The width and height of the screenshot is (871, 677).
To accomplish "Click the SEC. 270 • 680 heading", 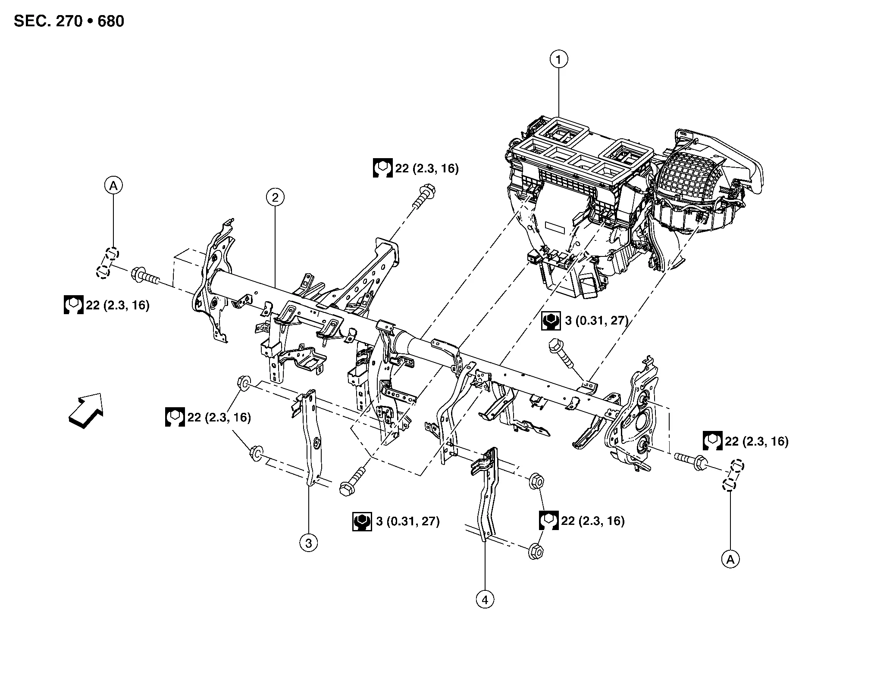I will (69, 21).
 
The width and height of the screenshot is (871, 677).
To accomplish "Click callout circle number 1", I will (559, 59).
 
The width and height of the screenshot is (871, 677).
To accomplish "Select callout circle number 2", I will (275, 197).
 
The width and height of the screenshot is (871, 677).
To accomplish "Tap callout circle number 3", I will (308, 543).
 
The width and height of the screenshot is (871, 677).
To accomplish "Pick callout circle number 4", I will (485, 599).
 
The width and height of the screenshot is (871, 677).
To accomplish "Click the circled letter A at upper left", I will (113, 185).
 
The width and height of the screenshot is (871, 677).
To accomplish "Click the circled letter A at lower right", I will (730, 559).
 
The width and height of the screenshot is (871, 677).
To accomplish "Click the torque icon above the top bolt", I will (382, 168).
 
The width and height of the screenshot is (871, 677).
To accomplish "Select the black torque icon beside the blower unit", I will (551, 321).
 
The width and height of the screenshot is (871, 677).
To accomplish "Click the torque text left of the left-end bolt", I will (117, 305).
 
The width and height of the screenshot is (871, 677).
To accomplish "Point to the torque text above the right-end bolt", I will (756, 441).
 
